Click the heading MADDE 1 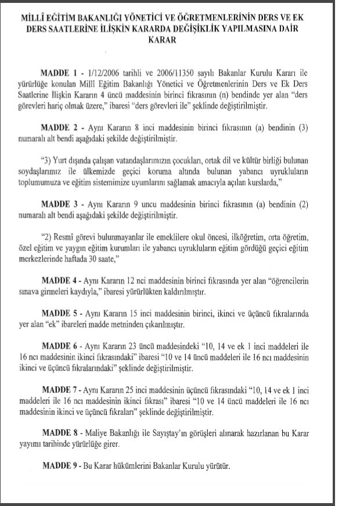[59, 74]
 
